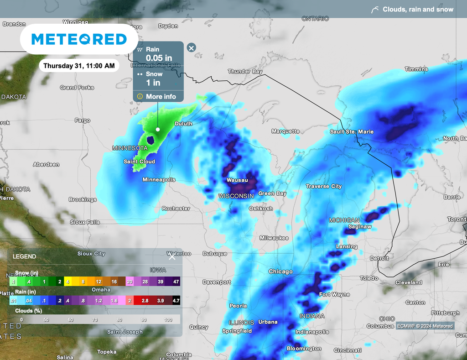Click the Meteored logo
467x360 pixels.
(x=79, y=39)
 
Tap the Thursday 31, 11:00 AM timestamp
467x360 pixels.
(x=79, y=66)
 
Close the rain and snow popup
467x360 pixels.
(x=192, y=47)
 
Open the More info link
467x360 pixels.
(x=161, y=97)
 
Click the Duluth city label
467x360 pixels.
(x=183, y=124)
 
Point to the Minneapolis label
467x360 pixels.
(x=159, y=180)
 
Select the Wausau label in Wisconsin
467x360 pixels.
(x=237, y=180)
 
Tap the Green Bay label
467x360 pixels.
(x=272, y=193)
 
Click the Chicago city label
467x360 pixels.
(x=280, y=271)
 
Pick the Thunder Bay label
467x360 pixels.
(x=245, y=72)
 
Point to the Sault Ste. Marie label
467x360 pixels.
(x=352, y=132)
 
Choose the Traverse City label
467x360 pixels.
(x=324, y=186)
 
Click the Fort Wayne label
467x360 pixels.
(x=334, y=294)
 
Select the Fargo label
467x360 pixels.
(x=83, y=120)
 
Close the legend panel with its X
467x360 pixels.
(x=172, y=257)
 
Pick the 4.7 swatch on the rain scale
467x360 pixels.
(x=174, y=301)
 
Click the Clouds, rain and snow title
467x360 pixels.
(x=418, y=9)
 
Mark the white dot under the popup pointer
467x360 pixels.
(x=158, y=129)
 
